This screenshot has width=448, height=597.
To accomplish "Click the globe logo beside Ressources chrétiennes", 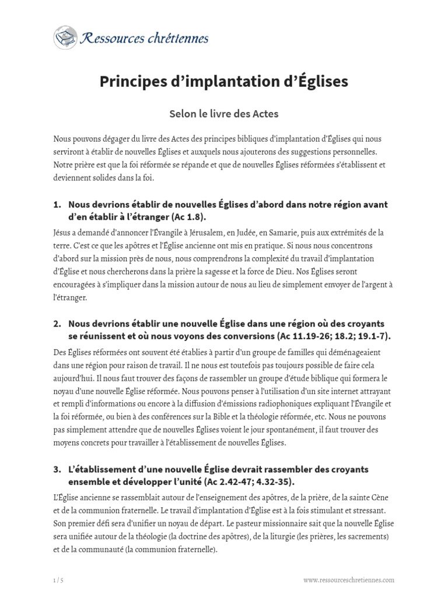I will [65, 37].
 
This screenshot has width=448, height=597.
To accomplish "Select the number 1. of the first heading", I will [57, 205].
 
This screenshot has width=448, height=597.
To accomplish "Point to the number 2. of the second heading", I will [57, 323].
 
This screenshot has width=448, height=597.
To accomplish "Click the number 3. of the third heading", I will [57, 469].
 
